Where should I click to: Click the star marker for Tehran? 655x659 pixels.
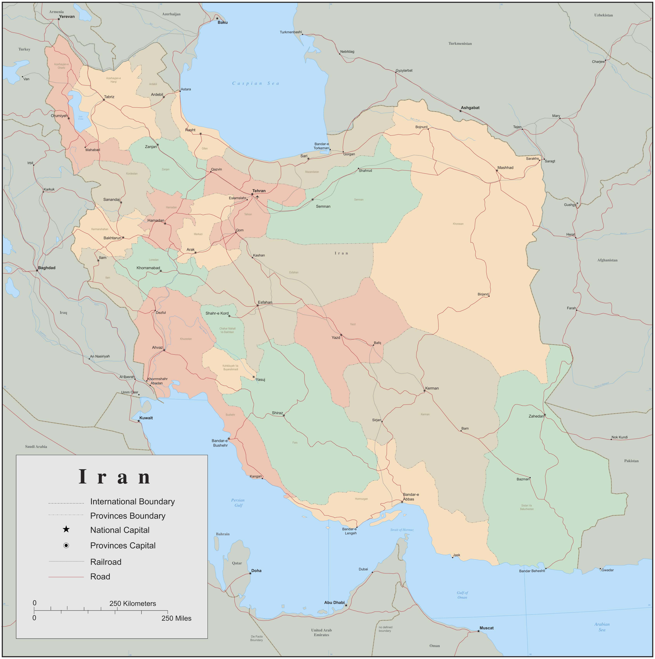(x=252, y=194)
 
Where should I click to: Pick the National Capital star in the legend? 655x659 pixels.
(x=66, y=530)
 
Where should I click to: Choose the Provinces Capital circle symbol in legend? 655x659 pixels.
(x=66, y=545)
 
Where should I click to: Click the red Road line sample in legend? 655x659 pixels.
(x=66, y=577)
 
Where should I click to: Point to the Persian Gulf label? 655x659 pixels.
(x=238, y=503)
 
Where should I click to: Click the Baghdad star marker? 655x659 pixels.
(x=37, y=271)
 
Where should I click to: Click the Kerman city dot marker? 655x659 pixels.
(x=424, y=391)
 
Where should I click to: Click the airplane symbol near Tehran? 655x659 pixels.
(x=257, y=197)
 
